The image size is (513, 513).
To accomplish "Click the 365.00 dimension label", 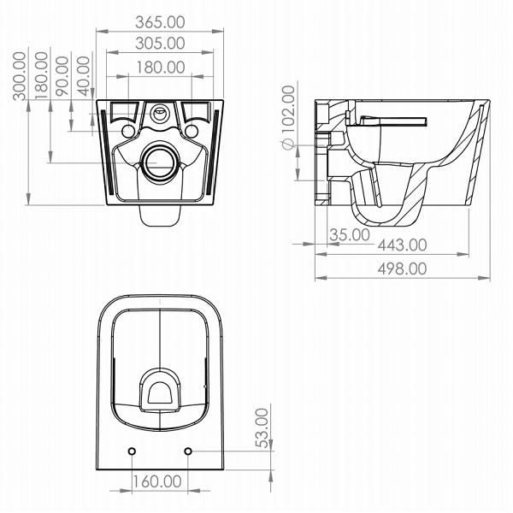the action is [x=160, y=22].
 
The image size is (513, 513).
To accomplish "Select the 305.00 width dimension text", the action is [x=160, y=44].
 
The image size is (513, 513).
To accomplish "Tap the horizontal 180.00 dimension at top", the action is [x=161, y=68].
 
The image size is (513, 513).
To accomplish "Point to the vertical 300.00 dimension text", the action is [x=20, y=75].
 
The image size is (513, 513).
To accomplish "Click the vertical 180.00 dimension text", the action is [x=42, y=75].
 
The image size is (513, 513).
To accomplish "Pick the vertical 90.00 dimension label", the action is [x=62, y=76].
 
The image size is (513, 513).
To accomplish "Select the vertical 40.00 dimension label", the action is [x=84, y=76].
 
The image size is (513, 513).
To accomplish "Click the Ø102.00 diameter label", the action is [x=288, y=117].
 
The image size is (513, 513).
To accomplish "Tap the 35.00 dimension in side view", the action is [x=350, y=234].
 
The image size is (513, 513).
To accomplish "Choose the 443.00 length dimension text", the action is [x=402, y=245].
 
